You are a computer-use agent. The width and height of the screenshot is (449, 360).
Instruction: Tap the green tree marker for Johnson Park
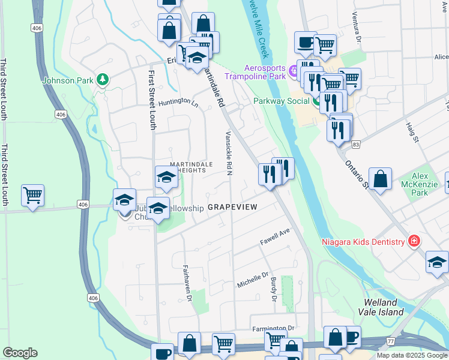coord(103,79)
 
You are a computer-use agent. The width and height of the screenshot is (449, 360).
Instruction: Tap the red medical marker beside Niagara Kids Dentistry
coord(413,241)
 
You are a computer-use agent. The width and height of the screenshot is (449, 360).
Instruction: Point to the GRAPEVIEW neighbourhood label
coord(232,206)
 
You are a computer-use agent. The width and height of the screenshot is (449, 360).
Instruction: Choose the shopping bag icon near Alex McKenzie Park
coord(381,179)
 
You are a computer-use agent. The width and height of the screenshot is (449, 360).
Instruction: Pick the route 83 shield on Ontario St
coord(357,145)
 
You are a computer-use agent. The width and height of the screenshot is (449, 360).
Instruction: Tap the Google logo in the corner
coord(20,352)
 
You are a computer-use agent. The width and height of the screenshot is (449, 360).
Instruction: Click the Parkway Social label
coord(281,101)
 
